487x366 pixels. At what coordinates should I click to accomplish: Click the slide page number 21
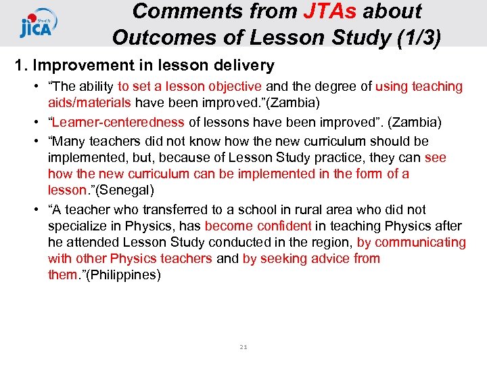243,347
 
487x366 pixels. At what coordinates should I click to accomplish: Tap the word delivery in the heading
241,66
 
